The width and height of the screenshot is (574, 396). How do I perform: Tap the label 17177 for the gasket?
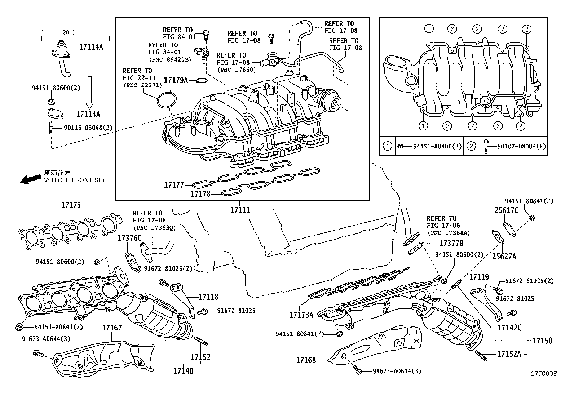tap(174, 185)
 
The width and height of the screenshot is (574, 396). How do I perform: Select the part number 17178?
tap(200, 194)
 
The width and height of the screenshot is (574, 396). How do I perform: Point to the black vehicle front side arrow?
tap(31, 179)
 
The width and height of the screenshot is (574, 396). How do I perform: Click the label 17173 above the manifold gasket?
tap(71, 205)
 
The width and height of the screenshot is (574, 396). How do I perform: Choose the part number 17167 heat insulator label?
tap(112, 328)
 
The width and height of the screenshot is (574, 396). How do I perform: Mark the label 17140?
tap(183, 370)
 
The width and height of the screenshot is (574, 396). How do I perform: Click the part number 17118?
tap(208, 297)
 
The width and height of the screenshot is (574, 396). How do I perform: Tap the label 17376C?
tap(129, 238)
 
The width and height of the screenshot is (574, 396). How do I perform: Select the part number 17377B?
tap(451, 243)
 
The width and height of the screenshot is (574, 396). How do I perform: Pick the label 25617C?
tap(506, 210)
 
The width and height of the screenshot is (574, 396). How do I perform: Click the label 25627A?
tap(504, 257)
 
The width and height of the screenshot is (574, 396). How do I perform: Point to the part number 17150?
tap(542, 341)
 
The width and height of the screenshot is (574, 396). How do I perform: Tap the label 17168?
tap(306, 360)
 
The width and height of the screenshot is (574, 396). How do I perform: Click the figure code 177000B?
tap(544, 374)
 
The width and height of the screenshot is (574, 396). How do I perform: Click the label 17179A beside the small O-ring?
tap(176, 80)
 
